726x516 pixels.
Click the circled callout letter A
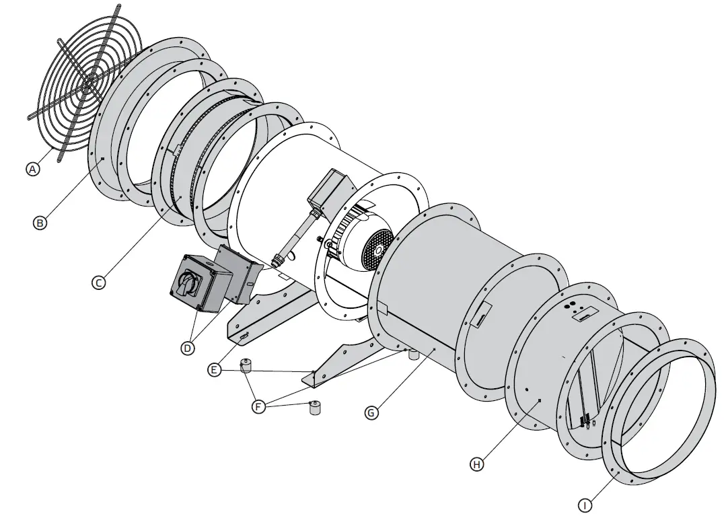click(32, 170)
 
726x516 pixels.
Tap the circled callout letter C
click(98, 283)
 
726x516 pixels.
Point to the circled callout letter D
click(188, 348)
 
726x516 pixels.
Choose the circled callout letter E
click(214, 370)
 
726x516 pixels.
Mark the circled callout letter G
click(371, 412)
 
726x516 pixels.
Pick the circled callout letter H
click(476, 464)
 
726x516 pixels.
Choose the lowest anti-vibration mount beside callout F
click(314, 408)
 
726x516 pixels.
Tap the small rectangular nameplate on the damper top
click(582, 314)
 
